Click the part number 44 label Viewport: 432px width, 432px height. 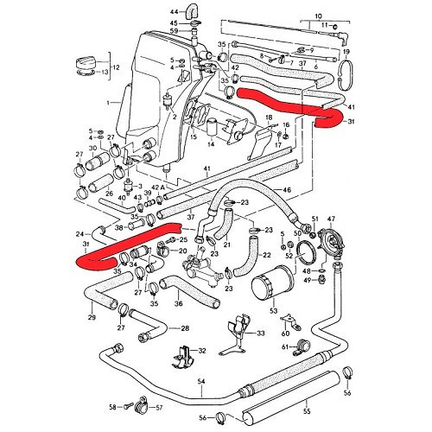click(x=173, y=9)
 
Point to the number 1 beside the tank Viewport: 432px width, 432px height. click(x=107, y=103)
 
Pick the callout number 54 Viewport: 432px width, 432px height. click(x=200, y=381)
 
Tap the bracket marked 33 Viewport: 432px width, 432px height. click(x=259, y=332)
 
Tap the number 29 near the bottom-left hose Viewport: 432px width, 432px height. click(x=92, y=319)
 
